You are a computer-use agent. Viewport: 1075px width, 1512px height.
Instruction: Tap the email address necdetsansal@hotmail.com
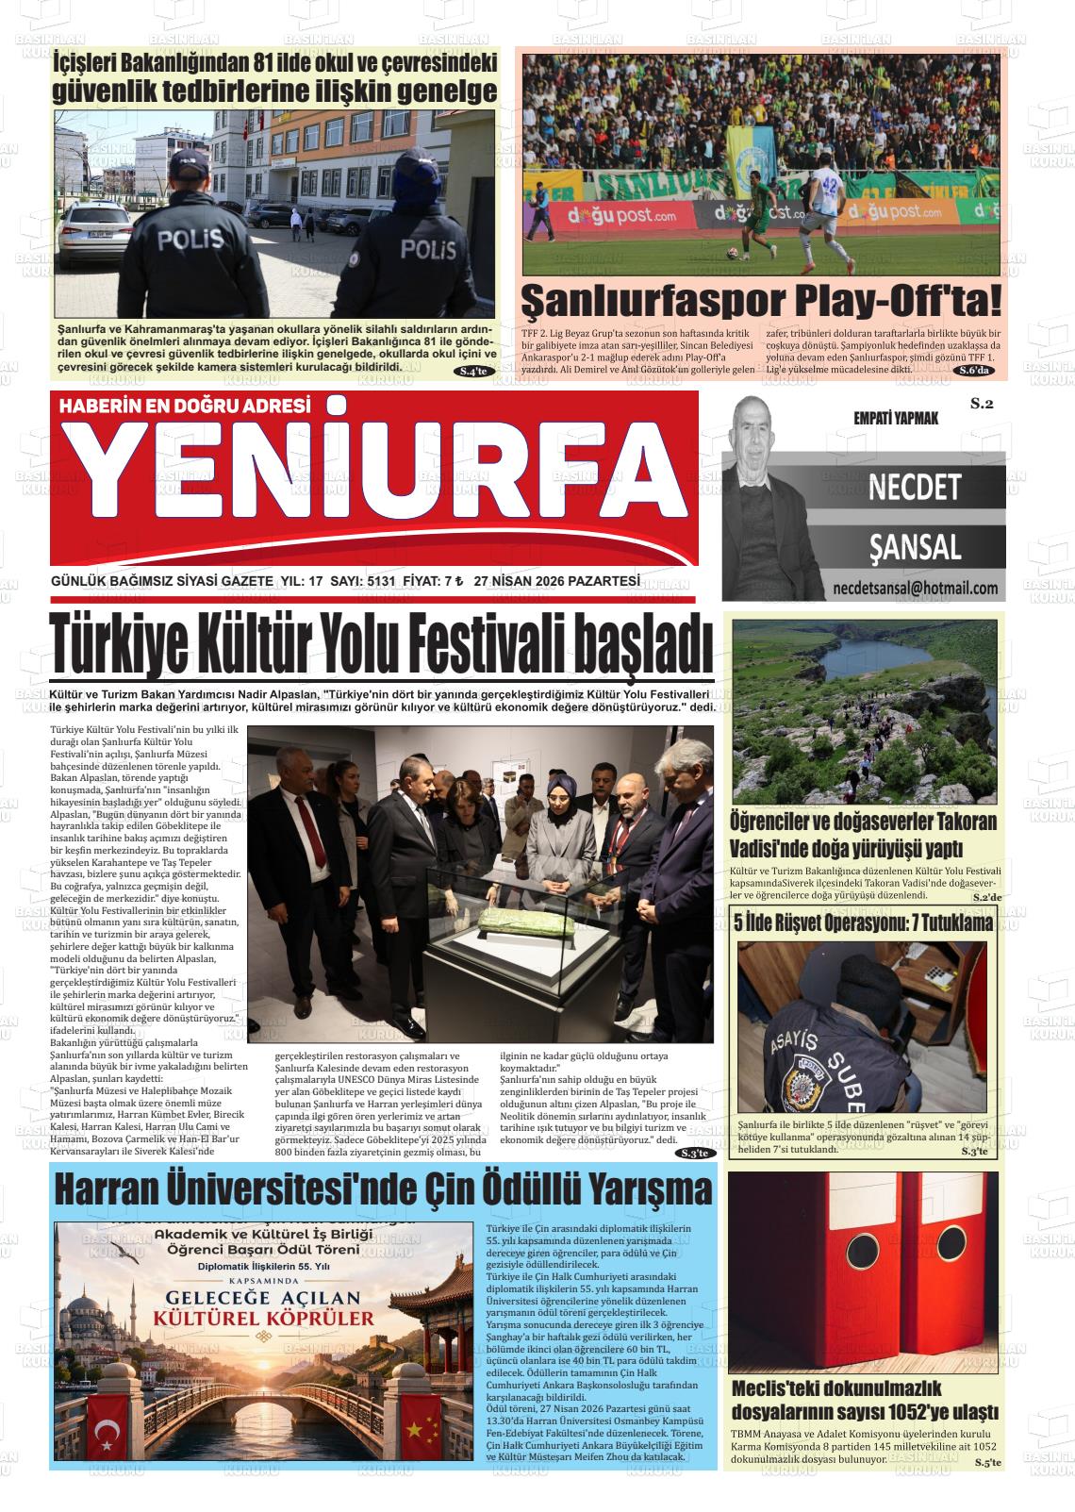tap(915, 589)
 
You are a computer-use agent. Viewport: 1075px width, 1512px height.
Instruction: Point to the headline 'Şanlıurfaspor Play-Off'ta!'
tap(761, 301)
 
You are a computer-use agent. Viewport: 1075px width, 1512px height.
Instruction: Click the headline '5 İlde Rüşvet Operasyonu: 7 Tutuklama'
tap(863, 922)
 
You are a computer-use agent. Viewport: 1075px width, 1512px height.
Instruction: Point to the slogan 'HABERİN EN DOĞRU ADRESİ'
tap(185, 407)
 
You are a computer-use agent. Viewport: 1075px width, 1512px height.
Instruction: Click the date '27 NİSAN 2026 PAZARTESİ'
tap(556, 581)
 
